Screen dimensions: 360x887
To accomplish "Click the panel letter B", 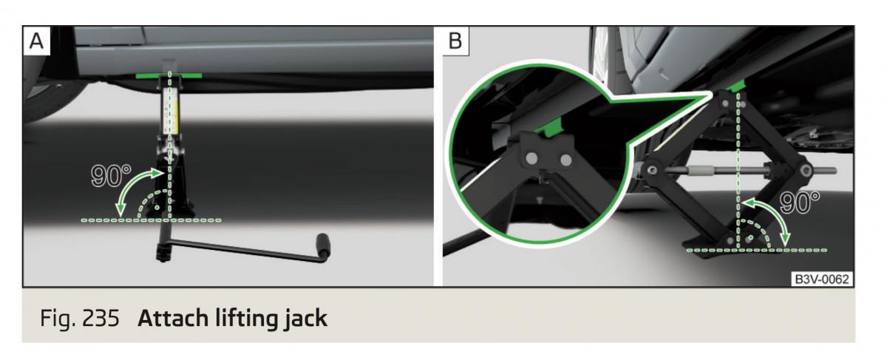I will pyautogui.click(x=455, y=41).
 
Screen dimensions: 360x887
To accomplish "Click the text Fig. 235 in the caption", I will pyautogui.click(x=79, y=320).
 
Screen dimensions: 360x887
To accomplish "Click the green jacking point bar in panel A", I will pyautogui.click(x=169, y=75).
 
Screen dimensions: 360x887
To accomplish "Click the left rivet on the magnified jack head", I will pyautogui.click(x=531, y=158).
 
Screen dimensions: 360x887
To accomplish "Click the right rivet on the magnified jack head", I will pyautogui.click(x=565, y=159).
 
